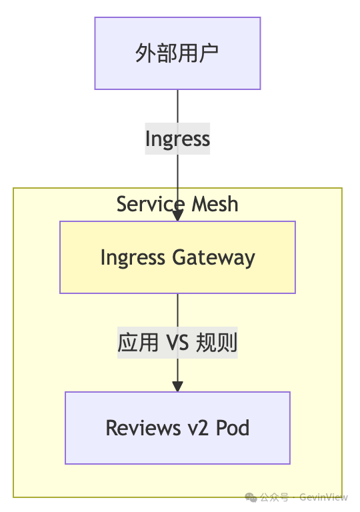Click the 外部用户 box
point(177,53)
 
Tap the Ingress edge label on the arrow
point(177,139)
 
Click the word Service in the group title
point(141,204)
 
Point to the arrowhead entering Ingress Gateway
point(177,215)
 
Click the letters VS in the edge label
point(177,343)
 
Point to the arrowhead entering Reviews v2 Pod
point(177,386)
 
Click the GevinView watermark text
point(323,497)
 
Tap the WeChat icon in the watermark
point(251,497)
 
